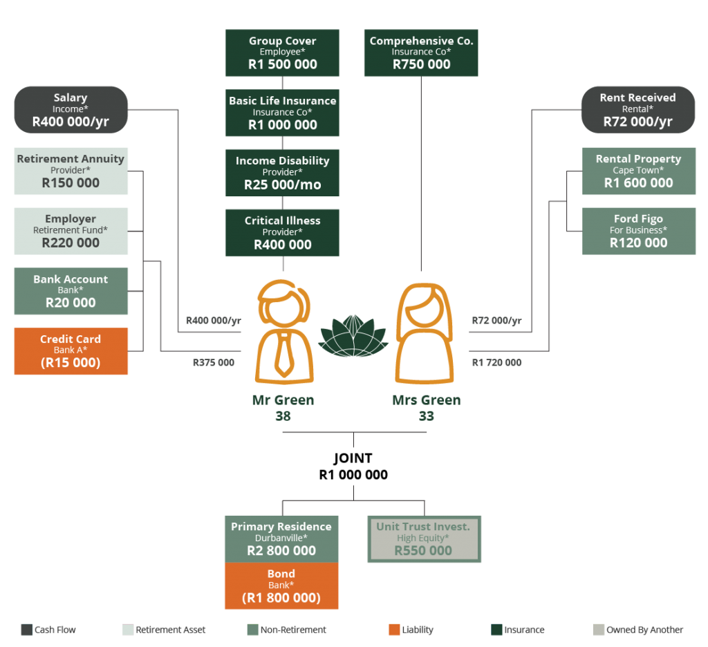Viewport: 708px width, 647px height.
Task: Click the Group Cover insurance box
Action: coord(282,53)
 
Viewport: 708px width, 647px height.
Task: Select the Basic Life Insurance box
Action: coord(282,113)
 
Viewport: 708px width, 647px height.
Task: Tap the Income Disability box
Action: coord(282,173)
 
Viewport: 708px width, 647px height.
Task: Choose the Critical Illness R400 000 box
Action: coord(282,232)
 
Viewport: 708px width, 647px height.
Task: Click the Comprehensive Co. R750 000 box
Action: coord(421,53)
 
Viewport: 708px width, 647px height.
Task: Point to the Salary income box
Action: coord(71,110)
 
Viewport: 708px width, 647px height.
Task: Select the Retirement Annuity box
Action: coord(71,171)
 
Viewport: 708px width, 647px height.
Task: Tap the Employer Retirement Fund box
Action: coord(71,231)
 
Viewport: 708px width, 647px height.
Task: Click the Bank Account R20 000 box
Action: coord(71,291)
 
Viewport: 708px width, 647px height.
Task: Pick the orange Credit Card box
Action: coord(71,351)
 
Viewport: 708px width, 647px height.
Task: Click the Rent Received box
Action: coord(637,110)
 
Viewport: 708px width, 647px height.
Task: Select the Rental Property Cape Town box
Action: coord(638,171)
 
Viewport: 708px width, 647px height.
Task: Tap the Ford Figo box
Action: coord(638,231)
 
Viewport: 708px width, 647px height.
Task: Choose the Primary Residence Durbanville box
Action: coord(281,538)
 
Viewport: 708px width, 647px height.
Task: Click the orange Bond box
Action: coord(281,586)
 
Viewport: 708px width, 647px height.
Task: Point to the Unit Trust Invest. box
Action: coord(424,539)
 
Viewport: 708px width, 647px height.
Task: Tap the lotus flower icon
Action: coord(353,336)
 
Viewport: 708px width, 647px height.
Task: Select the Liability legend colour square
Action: coord(394,630)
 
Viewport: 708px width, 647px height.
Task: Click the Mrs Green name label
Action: coord(426,400)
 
